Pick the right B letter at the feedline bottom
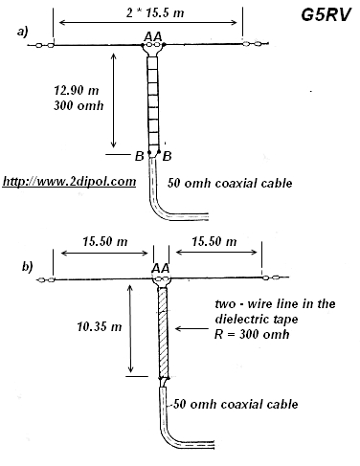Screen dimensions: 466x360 click(x=169, y=155)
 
